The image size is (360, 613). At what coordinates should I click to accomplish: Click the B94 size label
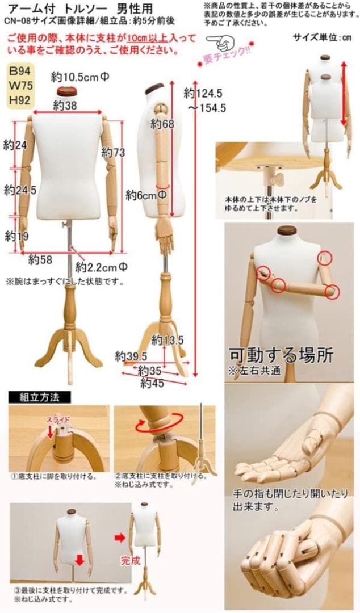click(21, 72)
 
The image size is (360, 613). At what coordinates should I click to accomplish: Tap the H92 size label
click(21, 100)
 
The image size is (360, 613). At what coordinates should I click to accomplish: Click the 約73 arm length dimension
click(112, 152)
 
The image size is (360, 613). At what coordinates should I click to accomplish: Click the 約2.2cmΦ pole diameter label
click(102, 267)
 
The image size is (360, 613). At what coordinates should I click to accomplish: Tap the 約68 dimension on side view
click(162, 124)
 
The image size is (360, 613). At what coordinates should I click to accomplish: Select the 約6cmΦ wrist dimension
click(146, 194)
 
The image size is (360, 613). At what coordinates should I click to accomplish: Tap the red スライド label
click(58, 419)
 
